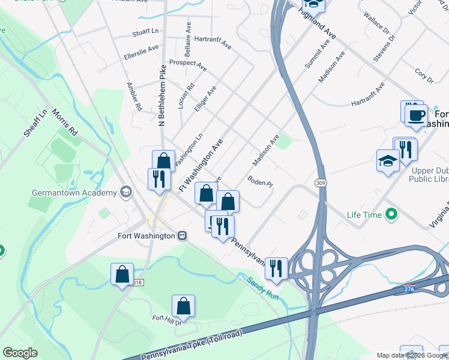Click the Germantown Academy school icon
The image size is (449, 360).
126,192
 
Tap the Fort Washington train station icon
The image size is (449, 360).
182,236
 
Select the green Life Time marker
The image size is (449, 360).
393,214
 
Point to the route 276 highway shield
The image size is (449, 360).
409,289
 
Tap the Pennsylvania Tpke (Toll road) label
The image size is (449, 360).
190,349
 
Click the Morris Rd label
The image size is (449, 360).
65,122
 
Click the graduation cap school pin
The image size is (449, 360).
388,160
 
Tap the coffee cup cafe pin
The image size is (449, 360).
416,115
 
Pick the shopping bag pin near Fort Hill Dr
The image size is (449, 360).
184,306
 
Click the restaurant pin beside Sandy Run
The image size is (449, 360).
276,268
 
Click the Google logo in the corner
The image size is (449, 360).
20,353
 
